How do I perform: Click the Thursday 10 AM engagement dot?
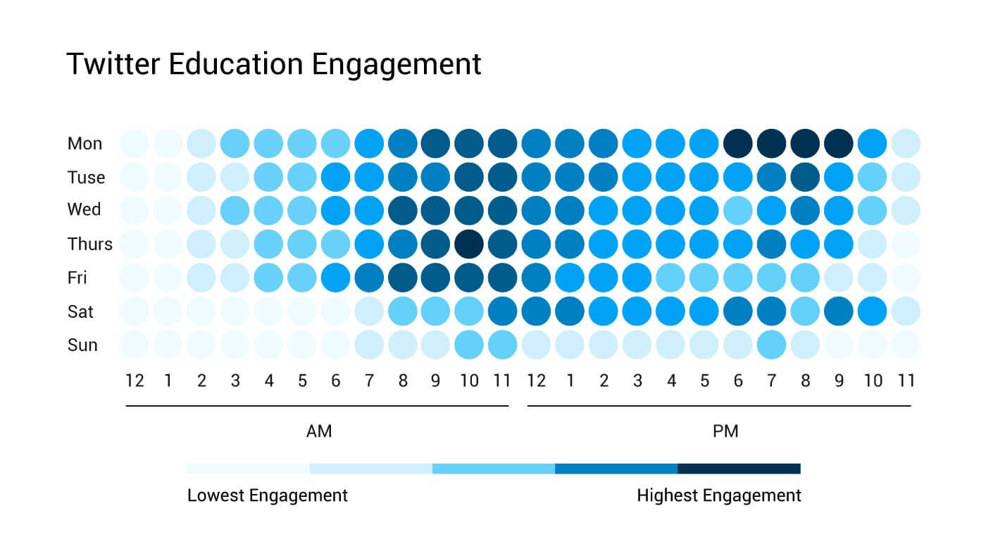[x=469, y=244]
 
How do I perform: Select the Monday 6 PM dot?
[x=738, y=143]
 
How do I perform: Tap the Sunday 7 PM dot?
[x=772, y=345]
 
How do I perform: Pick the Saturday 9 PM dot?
[x=839, y=311]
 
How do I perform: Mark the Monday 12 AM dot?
[x=134, y=143]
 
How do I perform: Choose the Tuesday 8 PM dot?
[x=805, y=177]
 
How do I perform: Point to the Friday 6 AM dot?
[x=335, y=278]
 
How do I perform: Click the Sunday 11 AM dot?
[x=502, y=345]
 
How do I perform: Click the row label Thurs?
[x=89, y=245]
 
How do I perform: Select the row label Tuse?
[x=86, y=178]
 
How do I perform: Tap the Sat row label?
[x=80, y=311]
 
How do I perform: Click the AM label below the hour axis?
[x=318, y=431]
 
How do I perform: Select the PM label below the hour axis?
[x=725, y=431]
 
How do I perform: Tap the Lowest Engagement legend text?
[x=267, y=495]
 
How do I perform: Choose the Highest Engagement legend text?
[x=718, y=495]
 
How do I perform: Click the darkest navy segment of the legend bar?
[x=739, y=469]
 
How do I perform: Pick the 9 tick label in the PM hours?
[x=839, y=381]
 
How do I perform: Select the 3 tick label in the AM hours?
[x=235, y=381]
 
